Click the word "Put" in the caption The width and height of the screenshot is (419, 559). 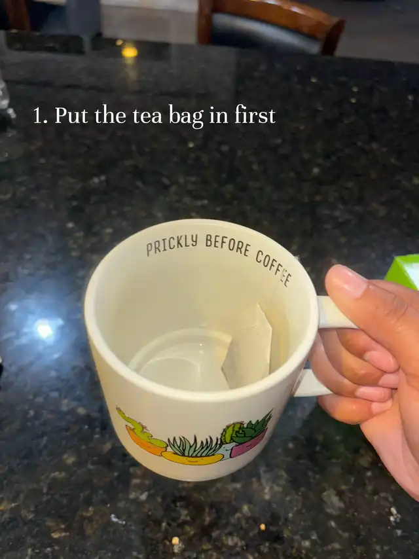[71, 115]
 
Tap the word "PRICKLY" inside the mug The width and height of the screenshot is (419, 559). [172, 245]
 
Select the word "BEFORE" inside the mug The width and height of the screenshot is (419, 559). [228, 245]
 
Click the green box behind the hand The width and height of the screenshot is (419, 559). [403, 270]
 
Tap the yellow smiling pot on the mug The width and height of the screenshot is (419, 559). [192, 458]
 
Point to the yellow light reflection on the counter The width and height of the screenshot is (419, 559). [130, 51]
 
